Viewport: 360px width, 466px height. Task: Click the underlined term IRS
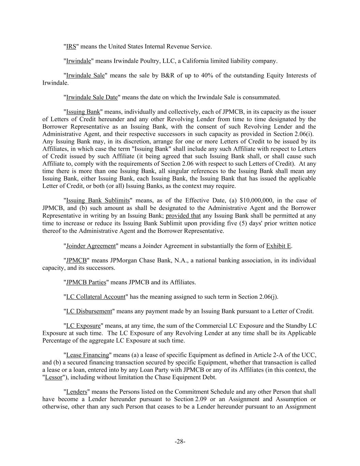(x=71, y=46)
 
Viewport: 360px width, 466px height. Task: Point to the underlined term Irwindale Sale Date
(x=92, y=97)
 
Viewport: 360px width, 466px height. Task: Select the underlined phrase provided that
(x=183, y=216)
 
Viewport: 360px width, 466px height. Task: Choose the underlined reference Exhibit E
(x=279, y=246)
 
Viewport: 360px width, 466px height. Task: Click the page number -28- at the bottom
(x=180, y=442)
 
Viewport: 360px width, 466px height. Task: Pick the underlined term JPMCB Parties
(x=86, y=282)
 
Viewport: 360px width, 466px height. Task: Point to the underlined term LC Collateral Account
(x=96, y=297)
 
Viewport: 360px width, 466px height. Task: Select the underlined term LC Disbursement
(x=89, y=311)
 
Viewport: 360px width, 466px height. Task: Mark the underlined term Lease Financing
(x=87, y=355)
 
